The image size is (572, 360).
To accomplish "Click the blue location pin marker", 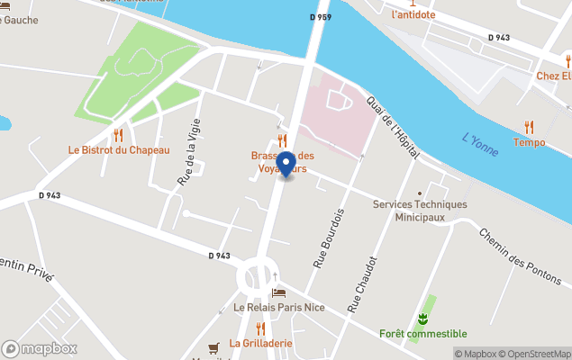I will pyautogui.click(x=286, y=164).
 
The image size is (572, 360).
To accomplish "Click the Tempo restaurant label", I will pyautogui.click(x=529, y=142).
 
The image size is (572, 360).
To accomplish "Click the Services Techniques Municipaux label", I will pyautogui.click(x=421, y=211).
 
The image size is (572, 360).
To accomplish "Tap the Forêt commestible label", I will pyautogui.click(x=422, y=334).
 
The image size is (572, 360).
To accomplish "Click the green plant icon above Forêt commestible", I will pyautogui.click(x=422, y=319).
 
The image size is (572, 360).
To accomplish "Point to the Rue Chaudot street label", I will pyautogui.click(x=362, y=283).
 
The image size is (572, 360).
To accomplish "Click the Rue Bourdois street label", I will pyautogui.click(x=330, y=238).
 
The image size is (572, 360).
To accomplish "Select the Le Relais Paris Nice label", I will pyautogui.click(x=279, y=308).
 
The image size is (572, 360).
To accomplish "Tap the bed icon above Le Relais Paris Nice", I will pyautogui.click(x=279, y=293).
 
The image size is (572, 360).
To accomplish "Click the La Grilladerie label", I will pyautogui.click(x=260, y=343).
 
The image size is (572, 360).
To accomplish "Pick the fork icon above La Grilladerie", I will pyautogui.click(x=260, y=328).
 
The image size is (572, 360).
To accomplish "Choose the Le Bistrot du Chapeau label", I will pyautogui.click(x=119, y=150).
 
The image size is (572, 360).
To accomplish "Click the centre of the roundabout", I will pyautogui.click(x=259, y=278).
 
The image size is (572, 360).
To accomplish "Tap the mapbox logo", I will pyautogui.click(x=40, y=348).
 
